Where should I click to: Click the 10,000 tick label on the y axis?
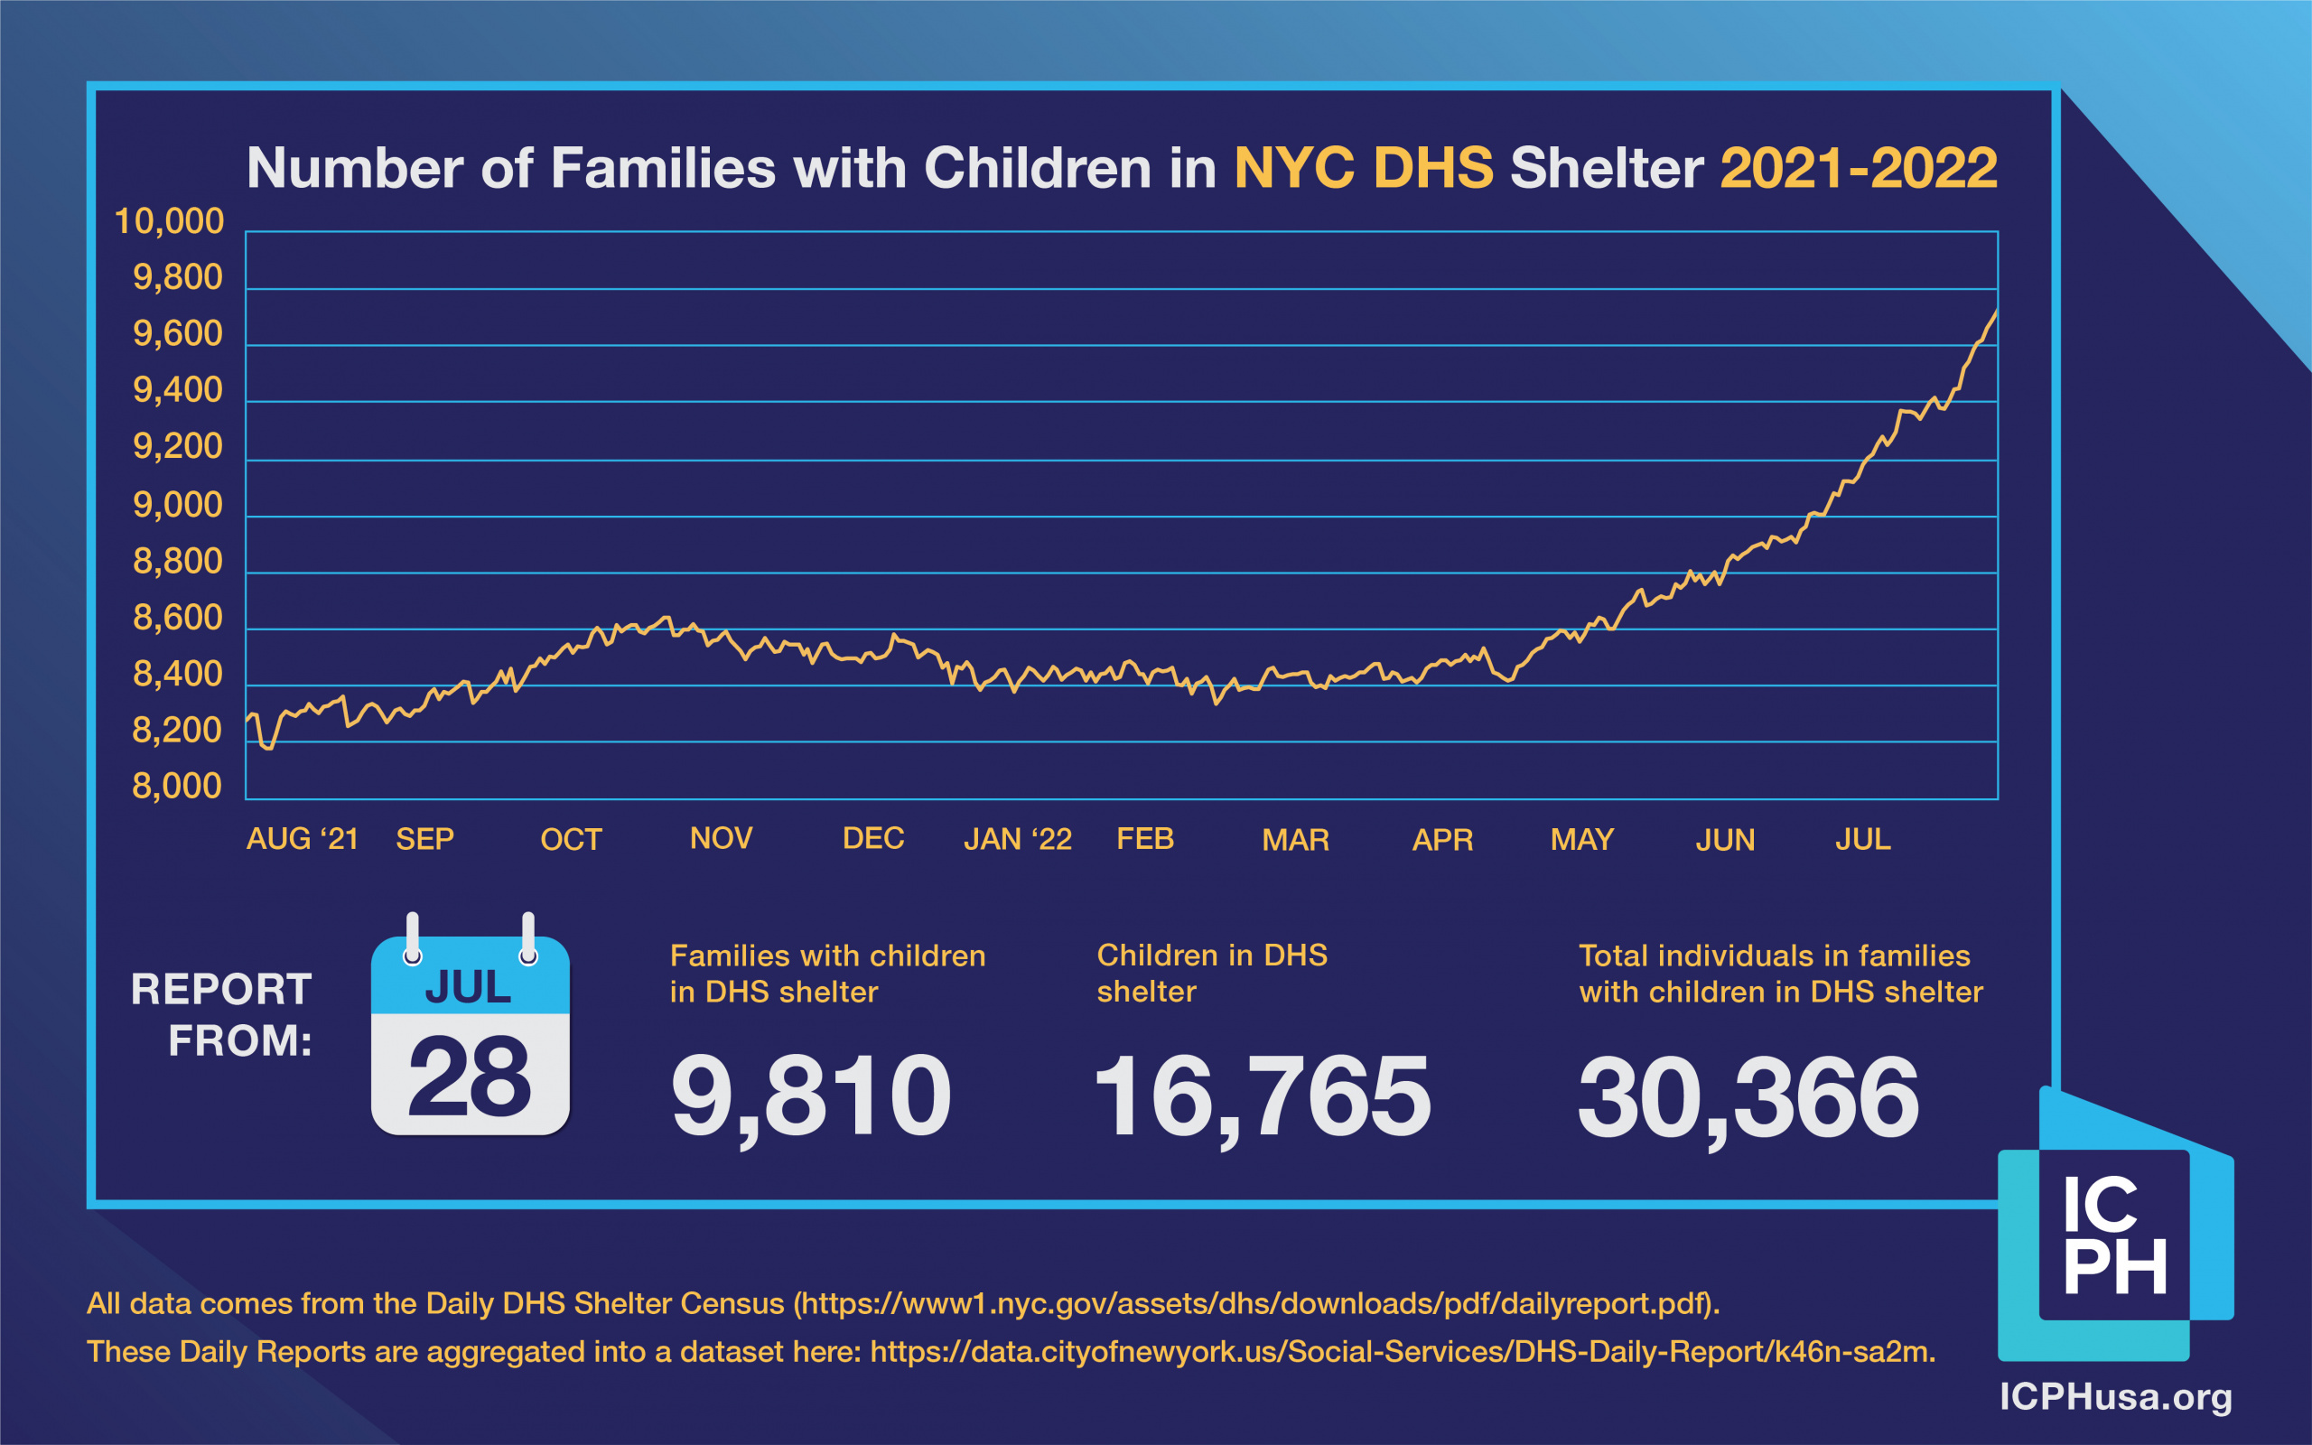pyautogui.click(x=169, y=222)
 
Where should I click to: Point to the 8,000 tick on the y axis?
pyautogui.click(x=177, y=787)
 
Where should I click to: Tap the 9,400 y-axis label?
pyautogui.click(x=178, y=390)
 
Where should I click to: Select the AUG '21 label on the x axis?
pyautogui.click(x=302, y=839)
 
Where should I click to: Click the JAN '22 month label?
pyautogui.click(x=1018, y=839)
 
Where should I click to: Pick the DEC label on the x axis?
pyautogui.click(x=873, y=838)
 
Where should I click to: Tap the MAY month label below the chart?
pyautogui.click(x=1582, y=840)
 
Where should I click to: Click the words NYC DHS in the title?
pyautogui.click(x=1364, y=168)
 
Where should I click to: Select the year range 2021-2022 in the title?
pyautogui.click(x=1859, y=168)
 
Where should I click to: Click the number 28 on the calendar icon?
pyautogui.click(x=469, y=1077)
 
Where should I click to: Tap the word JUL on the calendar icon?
pyautogui.click(x=468, y=987)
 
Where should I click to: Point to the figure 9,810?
pyautogui.click(x=811, y=1096)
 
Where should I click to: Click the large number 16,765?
pyautogui.click(x=1262, y=1096)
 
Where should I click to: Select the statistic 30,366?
pyautogui.click(x=1748, y=1097)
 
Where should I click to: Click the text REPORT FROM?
pyautogui.click(x=221, y=1015)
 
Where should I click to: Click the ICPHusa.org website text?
pyautogui.click(x=2116, y=1397)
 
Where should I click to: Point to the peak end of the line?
pyautogui.click(x=1996, y=312)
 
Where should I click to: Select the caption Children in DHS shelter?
pyautogui.click(x=1211, y=973)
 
